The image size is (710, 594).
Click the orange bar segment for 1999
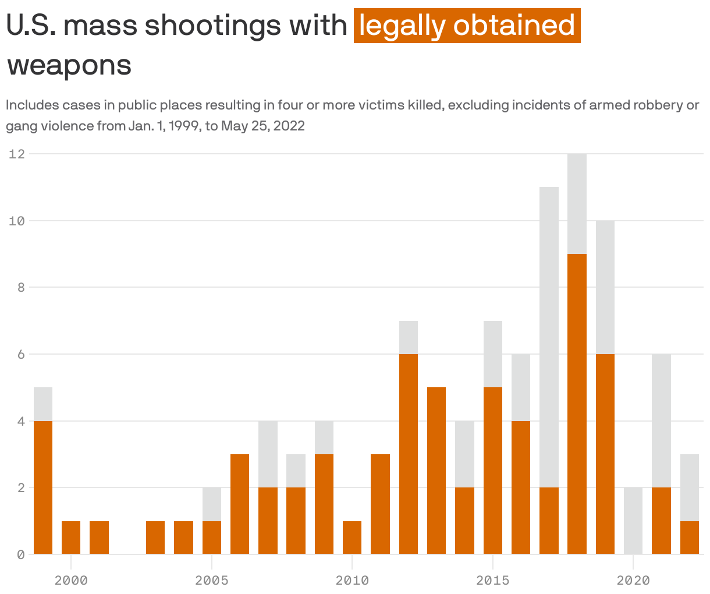(x=43, y=487)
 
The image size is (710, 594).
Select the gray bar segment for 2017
(x=549, y=337)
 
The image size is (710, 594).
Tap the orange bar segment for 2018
(x=577, y=404)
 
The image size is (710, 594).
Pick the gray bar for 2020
(x=633, y=520)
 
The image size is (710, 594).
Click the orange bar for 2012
(x=409, y=454)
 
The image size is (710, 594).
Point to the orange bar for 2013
(x=436, y=470)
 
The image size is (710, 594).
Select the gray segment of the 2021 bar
(x=661, y=420)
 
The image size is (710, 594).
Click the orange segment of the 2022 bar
(x=689, y=537)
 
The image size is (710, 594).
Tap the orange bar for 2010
(x=352, y=537)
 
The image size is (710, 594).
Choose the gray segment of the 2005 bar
(x=212, y=504)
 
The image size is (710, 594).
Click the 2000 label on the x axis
(x=71, y=580)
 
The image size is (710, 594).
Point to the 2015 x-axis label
(x=492, y=580)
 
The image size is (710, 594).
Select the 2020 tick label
(x=633, y=580)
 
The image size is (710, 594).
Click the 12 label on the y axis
(x=17, y=154)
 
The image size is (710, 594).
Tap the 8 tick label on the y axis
(x=20, y=287)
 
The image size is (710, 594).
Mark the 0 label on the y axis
(x=20, y=554)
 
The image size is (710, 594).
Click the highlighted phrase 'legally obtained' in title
(x=467, y=26)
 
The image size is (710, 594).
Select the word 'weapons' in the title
(x=69, y=65)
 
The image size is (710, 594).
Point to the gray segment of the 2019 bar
(x=605, y=287)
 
